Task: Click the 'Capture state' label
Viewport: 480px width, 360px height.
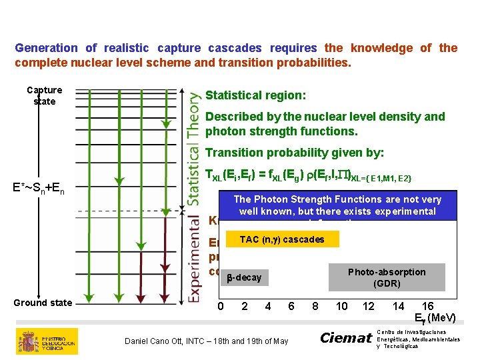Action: pos(44,95)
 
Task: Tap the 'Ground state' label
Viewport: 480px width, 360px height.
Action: pos(43,303)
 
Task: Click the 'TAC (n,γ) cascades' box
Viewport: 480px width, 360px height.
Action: pos(282,239)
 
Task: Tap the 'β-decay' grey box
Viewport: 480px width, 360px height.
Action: pos(244,277)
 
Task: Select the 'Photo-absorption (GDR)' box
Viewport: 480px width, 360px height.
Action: pos(387,277)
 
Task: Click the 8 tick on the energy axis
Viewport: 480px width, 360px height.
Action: pos(315,306)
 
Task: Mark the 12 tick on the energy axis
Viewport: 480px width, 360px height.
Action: pos(368,306)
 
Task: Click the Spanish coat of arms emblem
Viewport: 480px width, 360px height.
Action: pos(29,341)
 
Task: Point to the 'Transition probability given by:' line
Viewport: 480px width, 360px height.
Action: pos(295,153)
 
